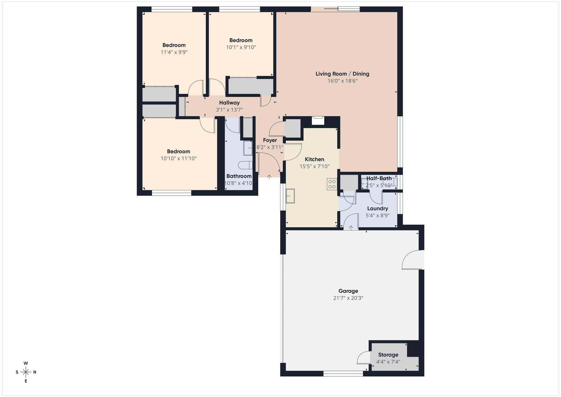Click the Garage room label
[x=348, y=291]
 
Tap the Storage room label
[x=388, y=355]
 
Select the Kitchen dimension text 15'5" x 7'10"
[x=314, y=166]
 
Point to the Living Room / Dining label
[x=342, y=74]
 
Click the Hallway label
[x=229, y=103]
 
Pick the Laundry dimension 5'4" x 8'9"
[x=378, y=216]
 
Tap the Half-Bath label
[x=379, y=178]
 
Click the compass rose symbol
[x=26, y=372]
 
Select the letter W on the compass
[x=26, y=363]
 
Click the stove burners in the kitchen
[x=332, y=184]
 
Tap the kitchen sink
[x=290, y=196]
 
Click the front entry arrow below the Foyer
[x=269, y=177]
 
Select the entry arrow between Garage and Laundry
[x=351, y=227]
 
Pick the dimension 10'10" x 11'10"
[x=178, y=158]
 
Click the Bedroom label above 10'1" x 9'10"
[x=241, y=40]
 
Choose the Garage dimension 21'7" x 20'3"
[x=348, y=298]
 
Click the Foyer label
[x=270, y=140]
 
